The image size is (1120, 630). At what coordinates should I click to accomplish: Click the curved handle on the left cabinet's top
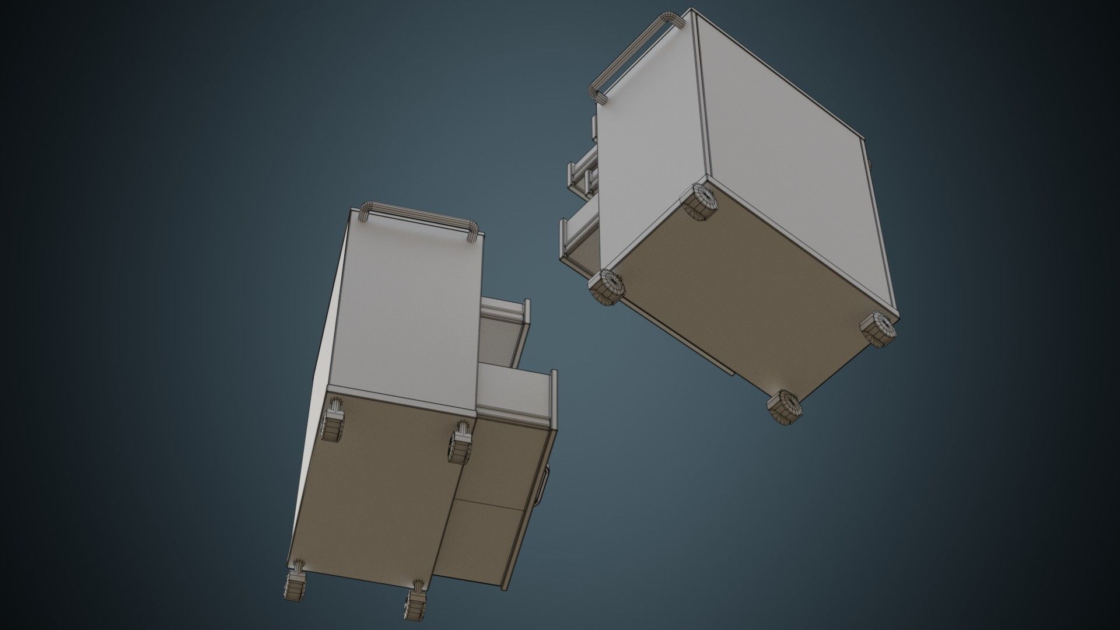[x=418, y=213]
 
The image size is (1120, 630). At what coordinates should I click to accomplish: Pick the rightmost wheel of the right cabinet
[x=878, y=330]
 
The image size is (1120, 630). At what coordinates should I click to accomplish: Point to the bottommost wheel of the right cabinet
[x=785, y=406]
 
